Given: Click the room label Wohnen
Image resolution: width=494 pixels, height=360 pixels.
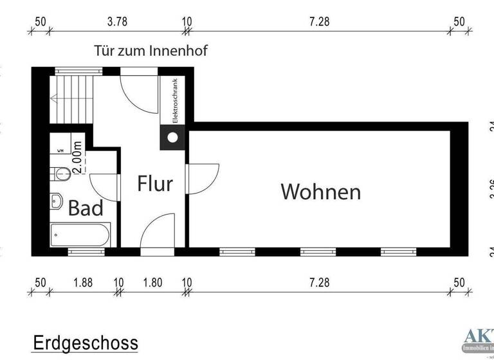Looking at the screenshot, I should (320, 192).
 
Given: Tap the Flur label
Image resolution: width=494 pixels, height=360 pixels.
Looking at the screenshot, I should (155, 184).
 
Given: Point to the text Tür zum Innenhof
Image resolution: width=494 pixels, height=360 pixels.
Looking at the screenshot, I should (151, 50).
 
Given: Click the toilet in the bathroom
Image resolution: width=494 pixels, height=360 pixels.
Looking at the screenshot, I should (60, 172).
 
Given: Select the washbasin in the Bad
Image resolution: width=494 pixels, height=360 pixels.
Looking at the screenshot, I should (56, 201).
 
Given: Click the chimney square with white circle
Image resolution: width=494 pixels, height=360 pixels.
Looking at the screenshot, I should (173, 136).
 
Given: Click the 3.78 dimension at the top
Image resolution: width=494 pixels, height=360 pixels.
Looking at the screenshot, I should (116, 21).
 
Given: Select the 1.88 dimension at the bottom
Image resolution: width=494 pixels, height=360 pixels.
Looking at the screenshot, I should (83, 282).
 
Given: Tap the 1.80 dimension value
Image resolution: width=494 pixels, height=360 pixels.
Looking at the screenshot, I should (152, 282).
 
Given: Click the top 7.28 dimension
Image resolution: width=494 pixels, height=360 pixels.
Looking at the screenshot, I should (319, 21).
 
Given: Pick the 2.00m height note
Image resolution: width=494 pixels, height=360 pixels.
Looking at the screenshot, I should (77, 157).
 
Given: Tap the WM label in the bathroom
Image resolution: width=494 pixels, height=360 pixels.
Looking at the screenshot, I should (60, 150).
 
